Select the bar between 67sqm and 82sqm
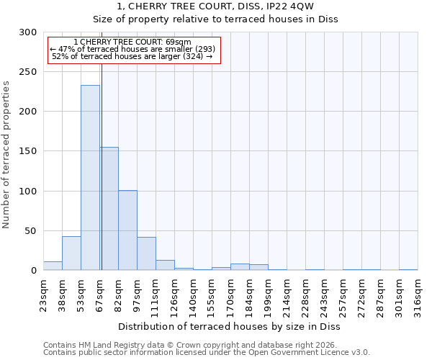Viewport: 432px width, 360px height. pyautogui.click(x=109, y=209)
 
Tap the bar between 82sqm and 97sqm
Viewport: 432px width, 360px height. pyautogui.click(x=127, y=230)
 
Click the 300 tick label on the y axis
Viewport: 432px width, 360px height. pyautogui.click(x=28, y=32)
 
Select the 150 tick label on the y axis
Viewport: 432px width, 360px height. pyautogui.click(x=28, y=151)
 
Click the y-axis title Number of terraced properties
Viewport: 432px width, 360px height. pyautogui.click(x=6, y=154)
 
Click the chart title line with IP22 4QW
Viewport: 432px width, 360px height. pyautogui.click(x=215, y=6)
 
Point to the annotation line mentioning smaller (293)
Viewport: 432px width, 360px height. pyautogui.click(x=132, y=49)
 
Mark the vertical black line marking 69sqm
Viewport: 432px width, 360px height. pyautogui.click(x=102, y=166)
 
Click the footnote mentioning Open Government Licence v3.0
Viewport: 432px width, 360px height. pyautogui.click(x=207, y=352)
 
